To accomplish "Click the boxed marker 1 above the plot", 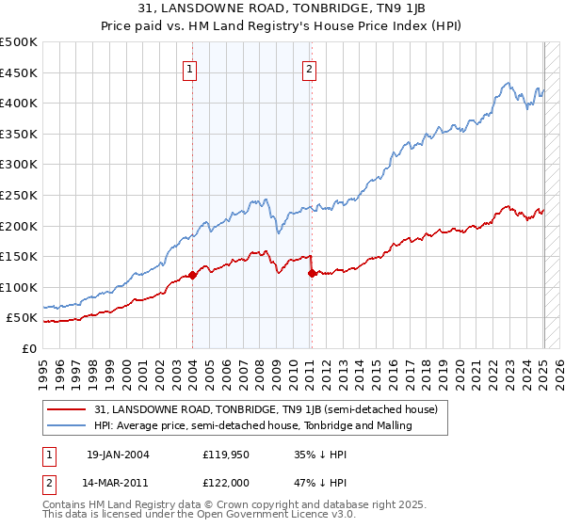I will click(x=190, y=68).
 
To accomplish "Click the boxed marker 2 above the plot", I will click(x=309, y=68).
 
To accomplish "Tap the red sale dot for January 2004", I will click(x=192, y=275).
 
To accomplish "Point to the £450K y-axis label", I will click(x=19, y=72).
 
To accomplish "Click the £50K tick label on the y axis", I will click(x=23, y=318).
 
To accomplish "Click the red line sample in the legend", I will click(x=66, y=409).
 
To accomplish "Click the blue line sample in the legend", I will click(x=66, y=425).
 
